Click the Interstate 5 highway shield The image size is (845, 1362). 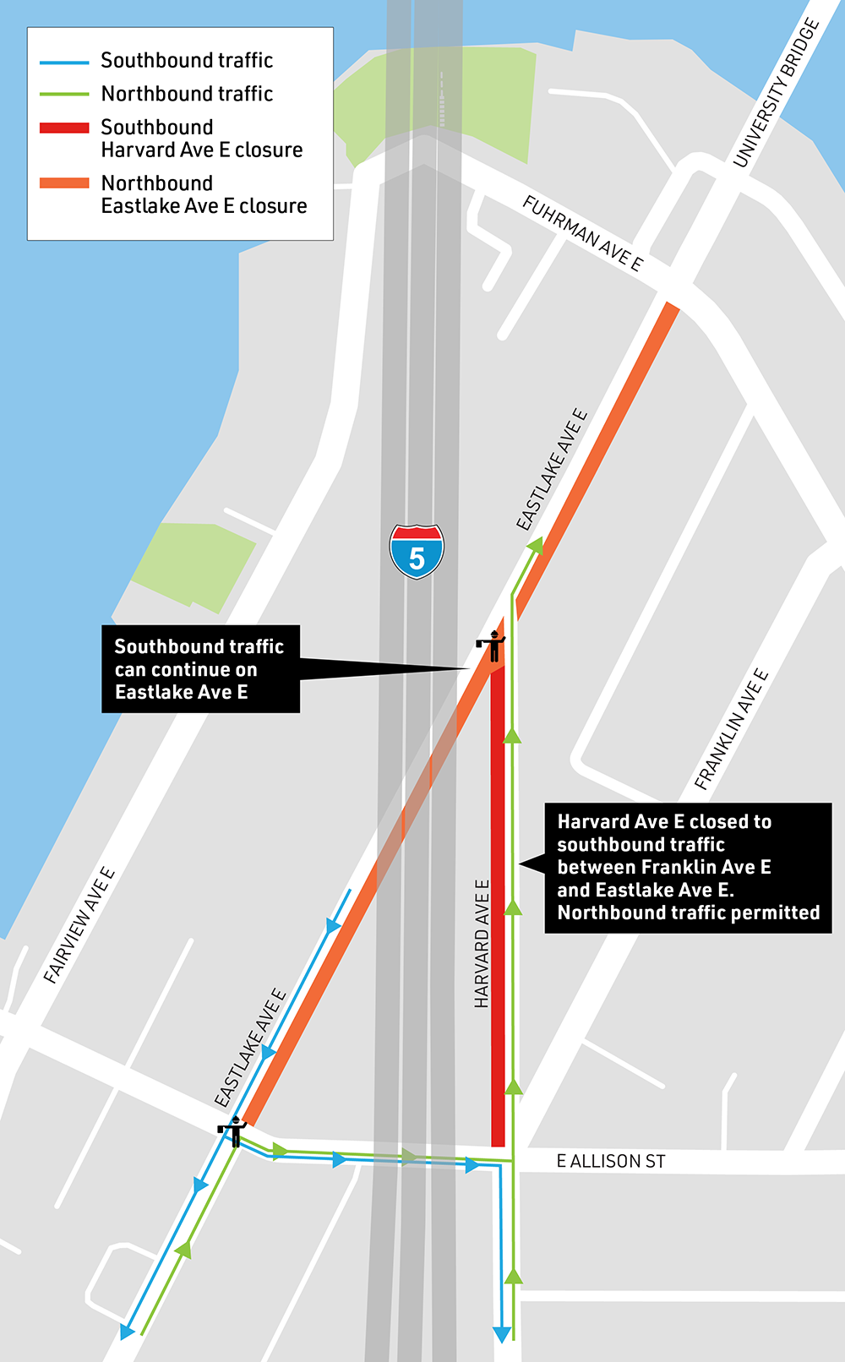pyautogui.click(x=417, y=551)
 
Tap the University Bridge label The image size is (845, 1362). pyautogui.click(x=776, y=92)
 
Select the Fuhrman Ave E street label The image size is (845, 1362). pyautogui.click(x=583, y=232)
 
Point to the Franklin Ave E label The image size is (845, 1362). pyautogui.click(x=732, y=729)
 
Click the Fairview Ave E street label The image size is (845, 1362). pyautogui.click(x=79, y=925)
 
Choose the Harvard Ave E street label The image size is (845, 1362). pyautogui.click(x=482, y=944)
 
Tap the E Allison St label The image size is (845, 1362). pyautogui.click(x=611, y=1162)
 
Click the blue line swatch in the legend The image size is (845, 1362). pyautogui.click(x=64, y=62)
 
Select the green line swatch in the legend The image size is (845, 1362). pyautogui.click(x=64, y=94)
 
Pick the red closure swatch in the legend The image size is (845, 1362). pyautogui.click(x=64, y=128)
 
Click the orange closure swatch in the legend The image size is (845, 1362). pyautogui.click(x=64, y=183)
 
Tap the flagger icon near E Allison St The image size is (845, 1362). pyautogui.click(x=232, y=1130)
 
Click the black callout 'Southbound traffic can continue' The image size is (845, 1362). pyautogui.click(x=200, y=669)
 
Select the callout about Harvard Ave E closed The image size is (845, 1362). pyautogui.click(x=688, y=868)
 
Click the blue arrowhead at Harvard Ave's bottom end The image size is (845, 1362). pyautogui.click(x=502, y=1334)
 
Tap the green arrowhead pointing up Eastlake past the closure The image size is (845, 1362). pyautogui.click(x=535, y=547)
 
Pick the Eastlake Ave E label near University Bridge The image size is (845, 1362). pyautogui.click(x=552, y=471)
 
